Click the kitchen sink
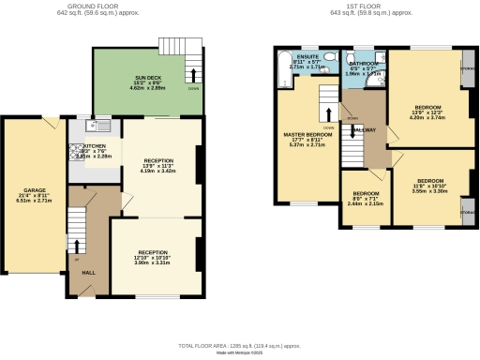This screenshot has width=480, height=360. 101,126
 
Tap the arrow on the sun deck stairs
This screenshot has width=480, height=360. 194,75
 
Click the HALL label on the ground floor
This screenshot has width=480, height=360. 88,273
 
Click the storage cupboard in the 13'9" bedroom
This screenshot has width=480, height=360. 468,69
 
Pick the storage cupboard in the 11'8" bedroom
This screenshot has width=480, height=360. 468,213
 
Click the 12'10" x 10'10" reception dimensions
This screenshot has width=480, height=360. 155,257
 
